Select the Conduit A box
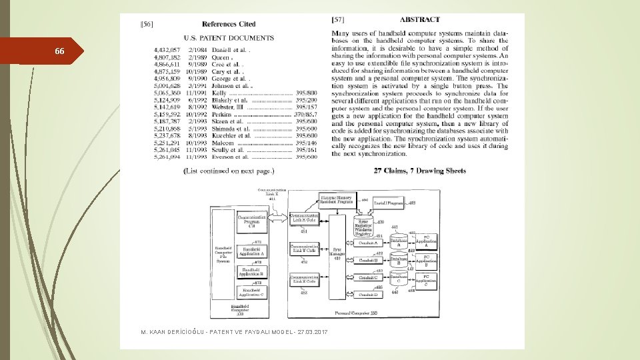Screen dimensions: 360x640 (x=368, y=243)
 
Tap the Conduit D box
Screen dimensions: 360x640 (x=368, y=294)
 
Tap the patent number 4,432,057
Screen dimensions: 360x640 (x=166, y=49)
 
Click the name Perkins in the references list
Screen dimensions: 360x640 (x=223, y=115)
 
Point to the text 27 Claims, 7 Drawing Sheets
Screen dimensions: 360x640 (x=420, y=171)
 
